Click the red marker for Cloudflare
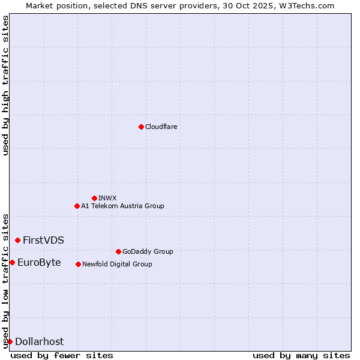click(141, 127)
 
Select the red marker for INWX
click(94, 198)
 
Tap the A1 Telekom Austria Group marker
click(77, 206)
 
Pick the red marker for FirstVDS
click(17, 240)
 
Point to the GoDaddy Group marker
click(118, 251)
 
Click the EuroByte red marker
click(12, 262)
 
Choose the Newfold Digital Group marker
click(78, 264)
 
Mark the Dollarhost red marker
click(10, 341)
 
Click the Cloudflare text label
click(161, 127)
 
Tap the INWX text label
click(107, 198)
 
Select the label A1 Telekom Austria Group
click(122, 206)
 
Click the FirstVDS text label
click(43, 240)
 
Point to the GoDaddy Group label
click(148, 251)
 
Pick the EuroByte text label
click(39, 262)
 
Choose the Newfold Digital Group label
click(117, 264)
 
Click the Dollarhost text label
click(39, 341)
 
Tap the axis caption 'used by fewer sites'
click(62, 355)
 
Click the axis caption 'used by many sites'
click(301, 355)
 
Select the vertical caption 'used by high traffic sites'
click(5, 85)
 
